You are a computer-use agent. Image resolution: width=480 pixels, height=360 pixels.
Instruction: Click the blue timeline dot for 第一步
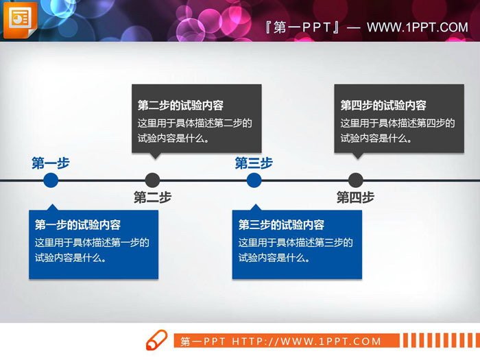point(51,180)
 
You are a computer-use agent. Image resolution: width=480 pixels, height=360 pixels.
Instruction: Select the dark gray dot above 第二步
point(153,180)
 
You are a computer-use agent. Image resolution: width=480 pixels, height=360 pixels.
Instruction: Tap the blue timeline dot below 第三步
point(254,180)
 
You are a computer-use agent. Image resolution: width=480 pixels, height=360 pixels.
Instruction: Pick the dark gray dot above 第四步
point(355,180)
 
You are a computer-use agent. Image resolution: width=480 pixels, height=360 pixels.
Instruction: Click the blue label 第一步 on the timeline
point(51,163)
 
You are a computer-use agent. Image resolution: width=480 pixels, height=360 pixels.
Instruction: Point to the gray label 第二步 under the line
point(152,197)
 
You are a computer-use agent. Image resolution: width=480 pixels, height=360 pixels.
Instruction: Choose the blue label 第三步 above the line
point(254,163)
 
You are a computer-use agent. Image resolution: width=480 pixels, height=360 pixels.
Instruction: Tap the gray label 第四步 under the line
point(355,197)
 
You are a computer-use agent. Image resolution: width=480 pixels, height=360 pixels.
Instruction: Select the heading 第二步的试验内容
point(180,106)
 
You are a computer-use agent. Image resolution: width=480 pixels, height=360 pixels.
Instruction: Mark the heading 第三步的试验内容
point(281,225)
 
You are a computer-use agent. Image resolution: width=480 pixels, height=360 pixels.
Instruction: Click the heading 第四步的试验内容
point(383,106)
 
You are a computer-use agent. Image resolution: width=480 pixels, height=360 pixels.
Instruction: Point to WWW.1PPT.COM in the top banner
point(417,27)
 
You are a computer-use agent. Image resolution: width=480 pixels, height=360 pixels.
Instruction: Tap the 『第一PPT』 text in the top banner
point(302,27)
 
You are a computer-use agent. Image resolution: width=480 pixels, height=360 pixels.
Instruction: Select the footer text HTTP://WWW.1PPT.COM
point(306,341)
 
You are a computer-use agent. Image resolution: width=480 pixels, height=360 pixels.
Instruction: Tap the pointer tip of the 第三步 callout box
point(255,205)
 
